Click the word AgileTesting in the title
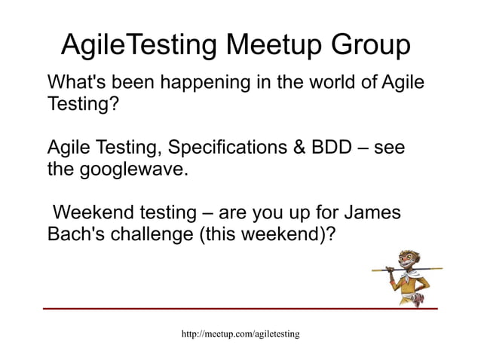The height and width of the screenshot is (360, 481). (x=139, y=46)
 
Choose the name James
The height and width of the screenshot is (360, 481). (x=368, y=212)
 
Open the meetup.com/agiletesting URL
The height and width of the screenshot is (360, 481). (x=240, y=333)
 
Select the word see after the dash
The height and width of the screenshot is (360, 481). (x=390, y=148)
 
